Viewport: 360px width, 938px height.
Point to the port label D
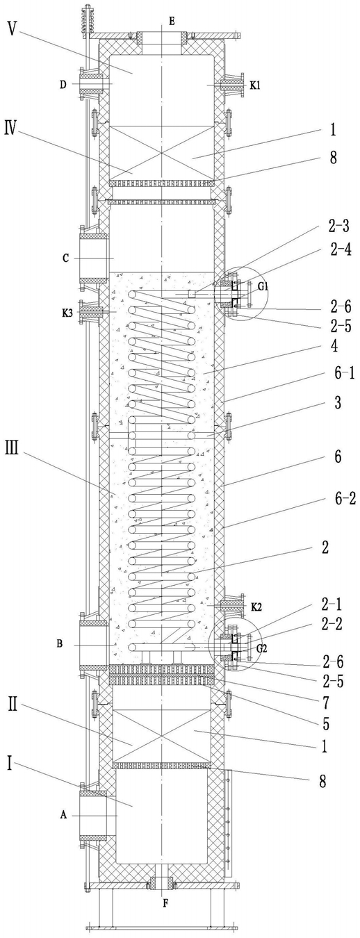pos(63,85)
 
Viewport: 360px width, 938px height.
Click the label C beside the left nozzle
pos(66,258)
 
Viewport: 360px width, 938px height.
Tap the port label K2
pos(256,607)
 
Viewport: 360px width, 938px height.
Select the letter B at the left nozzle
pos(60,643)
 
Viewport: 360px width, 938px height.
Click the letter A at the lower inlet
pos(63,815)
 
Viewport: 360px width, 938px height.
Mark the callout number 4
pos(334,347)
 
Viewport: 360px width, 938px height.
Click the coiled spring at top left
pos(88,19)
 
